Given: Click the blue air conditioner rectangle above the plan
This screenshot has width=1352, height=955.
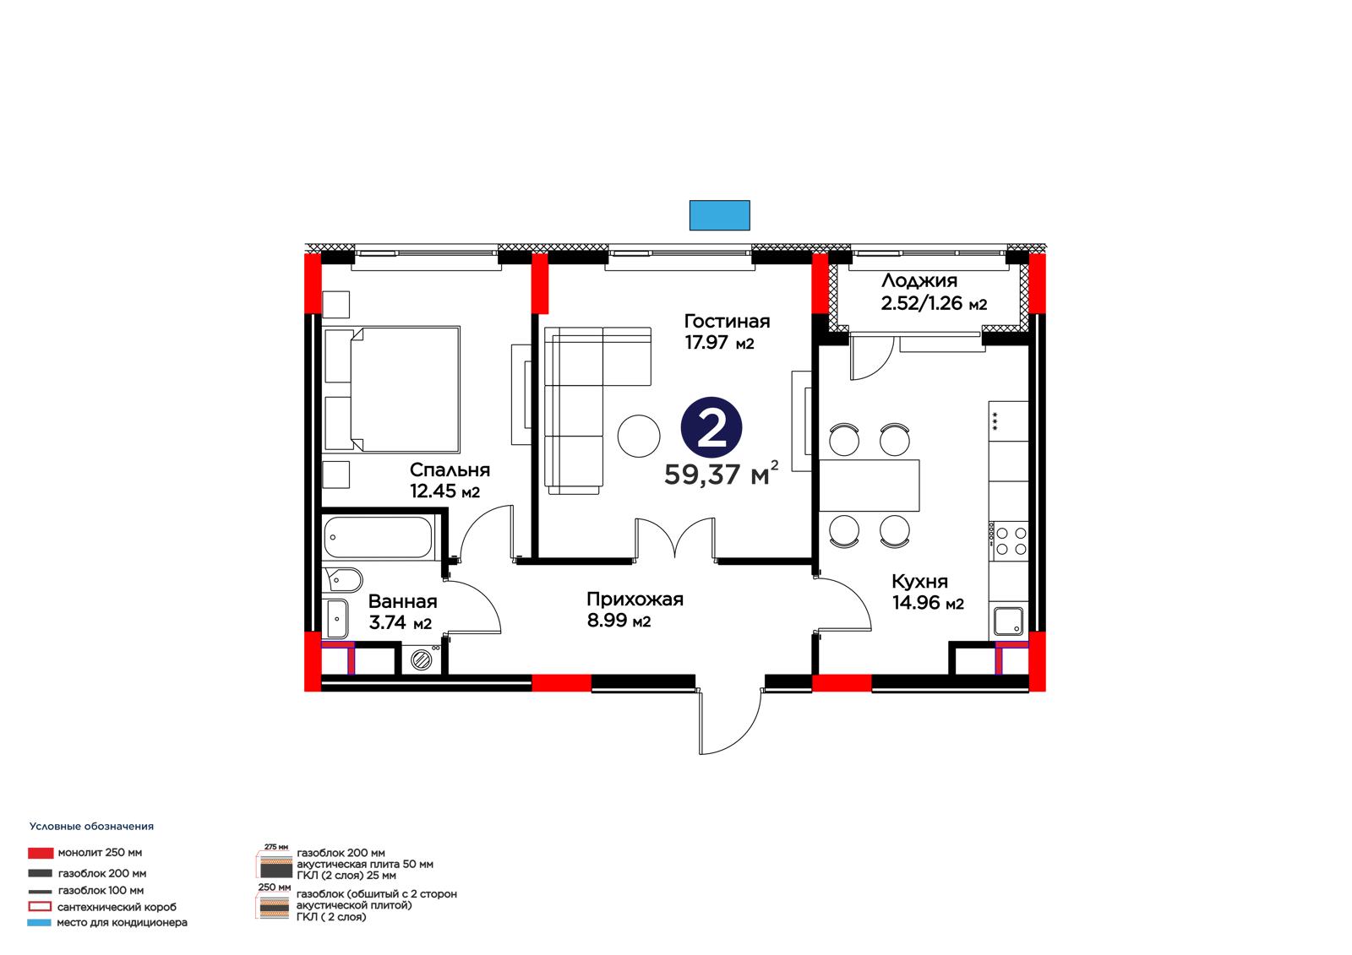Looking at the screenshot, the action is (x=719, y=215).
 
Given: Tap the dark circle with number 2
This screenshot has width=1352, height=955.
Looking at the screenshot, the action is (x=711, y=427).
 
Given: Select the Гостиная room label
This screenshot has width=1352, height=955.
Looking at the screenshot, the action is (x=727, y=321).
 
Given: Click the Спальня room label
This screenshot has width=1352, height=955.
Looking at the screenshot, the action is (x=450, y=470).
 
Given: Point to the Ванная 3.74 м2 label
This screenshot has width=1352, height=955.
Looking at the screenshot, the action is (x=402, y=611).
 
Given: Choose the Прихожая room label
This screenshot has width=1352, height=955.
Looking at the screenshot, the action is (x=635, y=599).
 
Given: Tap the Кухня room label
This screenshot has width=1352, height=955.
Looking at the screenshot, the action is (x=920, y=581).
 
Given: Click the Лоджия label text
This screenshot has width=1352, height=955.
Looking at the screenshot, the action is (x=919, y=280).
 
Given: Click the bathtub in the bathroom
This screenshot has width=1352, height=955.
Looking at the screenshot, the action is (x=379, y=537).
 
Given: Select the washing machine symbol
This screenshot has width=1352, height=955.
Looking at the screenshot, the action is (x=422, y=659).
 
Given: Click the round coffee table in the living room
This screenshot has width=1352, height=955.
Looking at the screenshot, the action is (x=639, y=437).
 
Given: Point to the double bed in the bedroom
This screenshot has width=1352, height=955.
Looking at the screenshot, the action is (x=392, y=390).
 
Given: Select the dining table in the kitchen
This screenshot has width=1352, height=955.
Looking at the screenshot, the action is (x=870, y=486).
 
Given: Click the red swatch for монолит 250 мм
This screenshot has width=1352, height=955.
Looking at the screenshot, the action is (x=41, y=853).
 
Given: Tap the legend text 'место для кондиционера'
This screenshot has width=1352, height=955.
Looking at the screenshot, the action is (x=122, y=922).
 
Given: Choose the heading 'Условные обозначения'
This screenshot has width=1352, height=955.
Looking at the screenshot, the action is (x=92, y=827).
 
